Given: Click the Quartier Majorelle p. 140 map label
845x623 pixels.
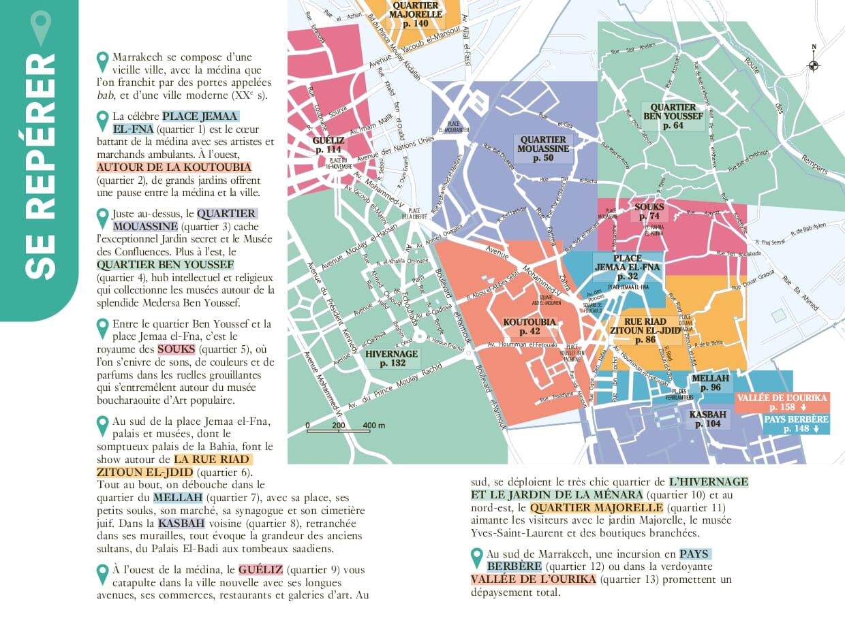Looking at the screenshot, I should [x=416, y=15].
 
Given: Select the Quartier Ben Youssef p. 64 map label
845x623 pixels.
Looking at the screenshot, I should [x=673, y=116].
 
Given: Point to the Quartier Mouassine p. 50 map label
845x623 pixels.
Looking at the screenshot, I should [x=543, y=148].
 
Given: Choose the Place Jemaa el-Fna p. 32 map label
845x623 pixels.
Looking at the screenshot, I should [x=627, y=268].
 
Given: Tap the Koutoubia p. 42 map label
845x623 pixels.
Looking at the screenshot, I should [x=529, y=326].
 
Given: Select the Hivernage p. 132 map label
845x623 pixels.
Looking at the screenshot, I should [x=393, y=358].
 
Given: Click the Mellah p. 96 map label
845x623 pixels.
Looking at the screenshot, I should [x=710, y=383].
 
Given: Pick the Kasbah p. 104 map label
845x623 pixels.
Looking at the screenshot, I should [x=708, y=419].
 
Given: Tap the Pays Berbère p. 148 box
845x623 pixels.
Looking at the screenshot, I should [x=795, y=424].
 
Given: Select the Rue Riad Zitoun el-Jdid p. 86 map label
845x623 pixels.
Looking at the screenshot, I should [x=644, y=330].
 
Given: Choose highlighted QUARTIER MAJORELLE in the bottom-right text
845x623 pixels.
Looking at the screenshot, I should [x=596, y=508].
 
